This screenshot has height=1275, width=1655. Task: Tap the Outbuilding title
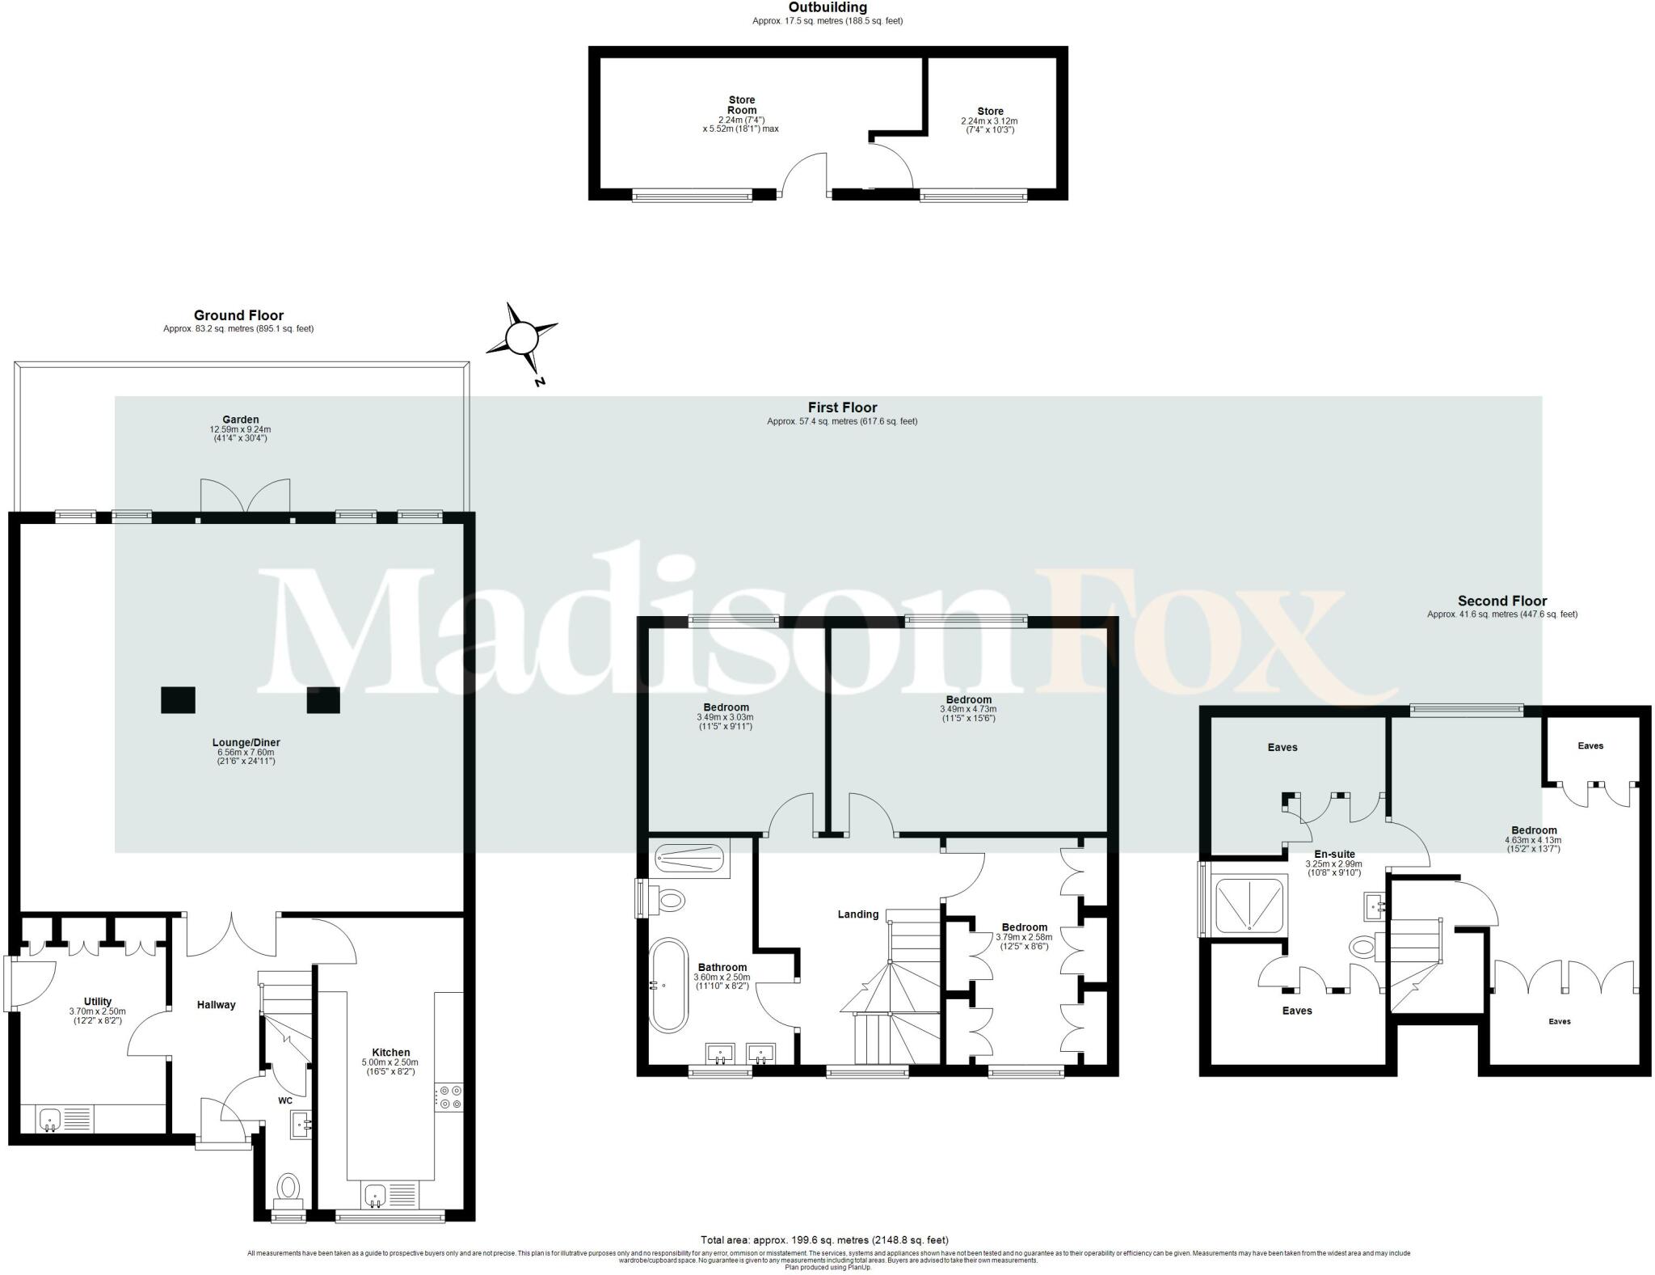[827, 7]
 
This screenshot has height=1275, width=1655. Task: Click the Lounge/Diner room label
[246, 742]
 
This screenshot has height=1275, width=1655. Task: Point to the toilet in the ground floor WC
[288, 1188]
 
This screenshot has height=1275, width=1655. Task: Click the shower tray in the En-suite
[1250, 906]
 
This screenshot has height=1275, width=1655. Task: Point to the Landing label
[857, 914]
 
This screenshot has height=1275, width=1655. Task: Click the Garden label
[241, 420]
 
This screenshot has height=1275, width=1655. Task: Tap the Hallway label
[217, 1005]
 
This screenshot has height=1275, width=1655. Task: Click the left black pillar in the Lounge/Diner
[178, 700]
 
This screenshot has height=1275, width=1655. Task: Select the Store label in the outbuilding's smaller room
[990, 112]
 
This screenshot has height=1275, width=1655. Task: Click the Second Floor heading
[1501, 601]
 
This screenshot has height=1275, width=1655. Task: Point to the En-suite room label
[1334, 854]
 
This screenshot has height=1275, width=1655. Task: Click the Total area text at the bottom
[824, 1239]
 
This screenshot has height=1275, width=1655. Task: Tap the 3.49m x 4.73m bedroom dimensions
[968, 709]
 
